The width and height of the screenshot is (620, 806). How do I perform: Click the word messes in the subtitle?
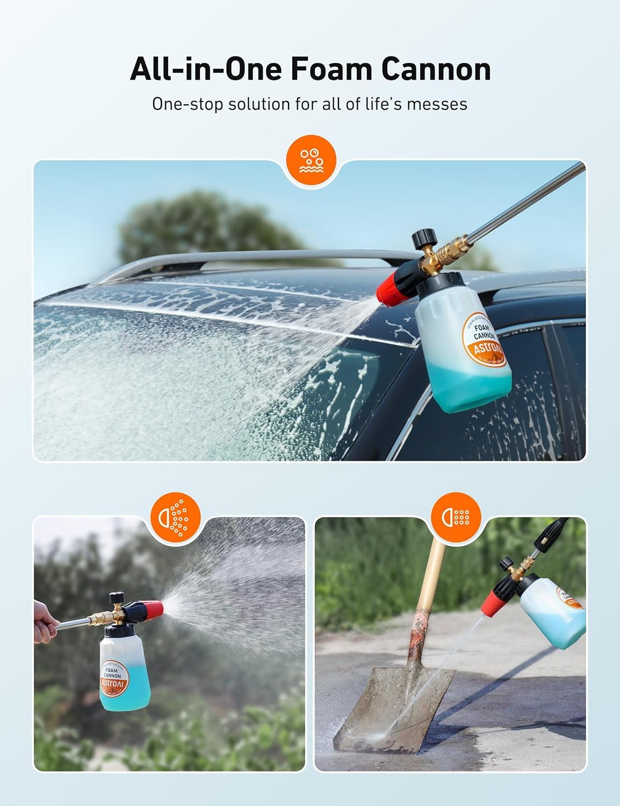tap(436, 103)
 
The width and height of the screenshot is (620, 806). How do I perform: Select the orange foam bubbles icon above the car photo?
tap(310, 160)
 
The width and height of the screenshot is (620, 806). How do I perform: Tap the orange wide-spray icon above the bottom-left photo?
tap(175, 516)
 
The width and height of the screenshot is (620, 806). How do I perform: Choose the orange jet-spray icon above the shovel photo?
tap(456, 516)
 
